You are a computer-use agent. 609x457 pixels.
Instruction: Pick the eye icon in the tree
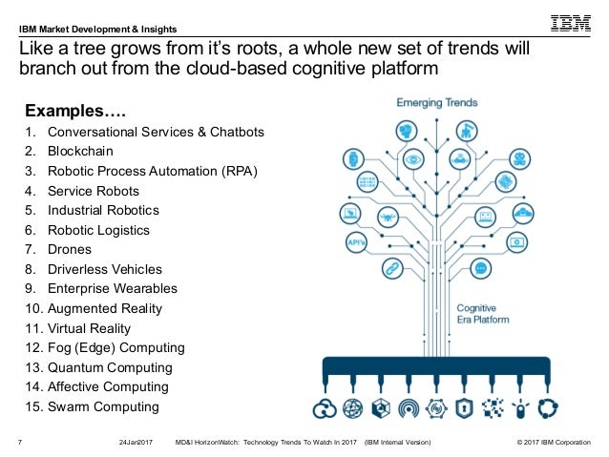coord(412,157)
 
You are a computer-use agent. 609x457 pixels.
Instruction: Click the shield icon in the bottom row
coord(464,409)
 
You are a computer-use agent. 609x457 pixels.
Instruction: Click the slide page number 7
coord(21,443)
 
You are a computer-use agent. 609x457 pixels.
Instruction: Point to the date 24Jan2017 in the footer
coord(136,443)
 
